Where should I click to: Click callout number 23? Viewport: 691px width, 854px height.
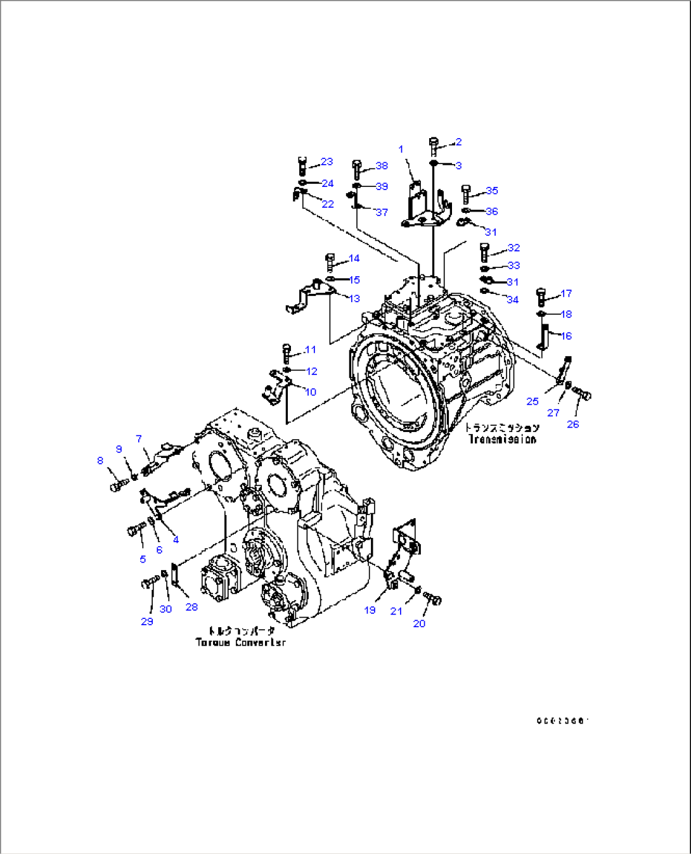click(x=326, y=162)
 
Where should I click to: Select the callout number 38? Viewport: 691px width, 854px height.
click(x=382, y=166)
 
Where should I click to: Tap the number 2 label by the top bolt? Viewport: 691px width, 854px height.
click(x=458, y=143)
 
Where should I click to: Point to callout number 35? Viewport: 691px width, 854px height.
click(x=492, y=191)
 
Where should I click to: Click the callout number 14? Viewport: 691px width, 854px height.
click(x=354, y=258)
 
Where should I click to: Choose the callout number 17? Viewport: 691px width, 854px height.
click(x=566, y=294)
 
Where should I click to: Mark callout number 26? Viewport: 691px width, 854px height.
click(x=572, y=424)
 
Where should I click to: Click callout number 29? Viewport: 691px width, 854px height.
click(x=147, y=621)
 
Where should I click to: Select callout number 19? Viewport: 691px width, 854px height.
click(x=370, y=610)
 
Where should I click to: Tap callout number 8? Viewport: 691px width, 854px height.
click(x=100, y=461)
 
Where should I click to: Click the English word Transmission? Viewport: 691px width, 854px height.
click(x=502, y=440)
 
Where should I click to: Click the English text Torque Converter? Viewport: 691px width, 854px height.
click(x=240, y=642)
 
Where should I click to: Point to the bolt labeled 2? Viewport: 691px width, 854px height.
click(x=434, y=147)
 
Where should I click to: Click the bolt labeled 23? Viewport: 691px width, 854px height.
click(x=302, y=167)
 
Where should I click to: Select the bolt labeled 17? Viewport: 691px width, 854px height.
click(x=541, y=296)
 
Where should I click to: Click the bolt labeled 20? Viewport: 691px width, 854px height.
click(x=433, y=599)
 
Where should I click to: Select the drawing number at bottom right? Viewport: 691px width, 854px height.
click(x=563, y=721)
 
